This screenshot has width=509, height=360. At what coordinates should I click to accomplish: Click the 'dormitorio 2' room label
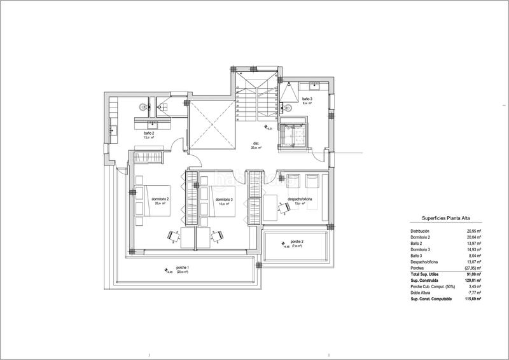tap(160, 200)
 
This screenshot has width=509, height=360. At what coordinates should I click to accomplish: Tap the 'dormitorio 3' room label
tap(224, 200)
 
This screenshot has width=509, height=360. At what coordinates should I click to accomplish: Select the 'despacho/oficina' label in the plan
tap(298, 200)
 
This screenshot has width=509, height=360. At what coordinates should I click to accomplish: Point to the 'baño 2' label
tap(149, 133)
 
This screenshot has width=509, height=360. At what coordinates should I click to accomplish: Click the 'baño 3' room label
tap(307, 100)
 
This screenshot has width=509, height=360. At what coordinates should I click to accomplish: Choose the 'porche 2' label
tap(296, 242)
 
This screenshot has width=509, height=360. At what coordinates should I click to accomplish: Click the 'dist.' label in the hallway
tap(255, 144)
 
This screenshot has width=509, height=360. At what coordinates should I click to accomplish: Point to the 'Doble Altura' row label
tap(421, 292)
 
